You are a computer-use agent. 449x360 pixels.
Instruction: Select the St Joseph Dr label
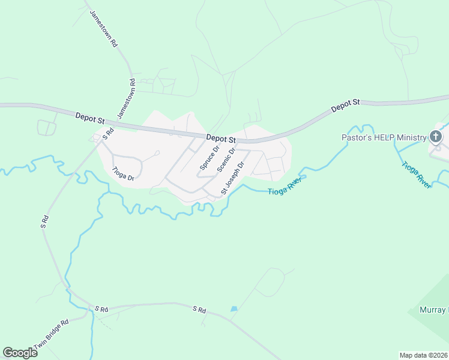click(234, 178)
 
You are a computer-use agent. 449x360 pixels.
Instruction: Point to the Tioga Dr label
click(123, 173)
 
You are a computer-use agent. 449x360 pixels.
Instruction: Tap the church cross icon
click(436, 137)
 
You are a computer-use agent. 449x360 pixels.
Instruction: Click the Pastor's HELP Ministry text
click(384, 137)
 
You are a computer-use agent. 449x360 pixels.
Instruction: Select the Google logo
click(20, 353)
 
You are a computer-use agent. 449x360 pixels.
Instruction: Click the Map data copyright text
click(423, 355)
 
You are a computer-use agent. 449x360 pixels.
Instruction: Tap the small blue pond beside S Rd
click(234, 308)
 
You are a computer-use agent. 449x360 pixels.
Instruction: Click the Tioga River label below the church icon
click(415, 175)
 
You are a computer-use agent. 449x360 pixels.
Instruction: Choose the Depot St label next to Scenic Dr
click(220, 139)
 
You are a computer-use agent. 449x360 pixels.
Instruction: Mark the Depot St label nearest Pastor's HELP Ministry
click(345, 106)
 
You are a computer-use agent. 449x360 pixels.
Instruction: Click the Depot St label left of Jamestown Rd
click(90, 117)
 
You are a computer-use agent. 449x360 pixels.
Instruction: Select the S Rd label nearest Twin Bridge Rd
click(100, 309)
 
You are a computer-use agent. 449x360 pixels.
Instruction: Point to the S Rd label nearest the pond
click(199, 310)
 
